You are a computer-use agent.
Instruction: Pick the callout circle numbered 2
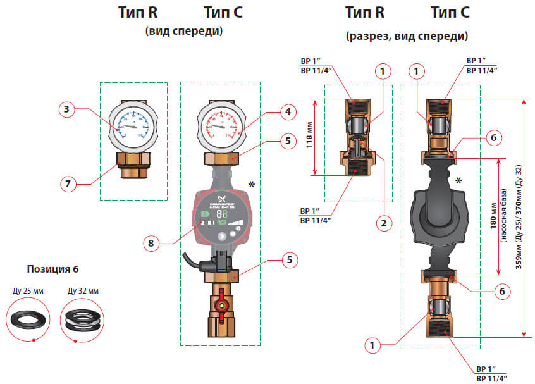(x=382, y=223)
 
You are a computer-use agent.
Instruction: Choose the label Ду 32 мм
(x=82, y=292)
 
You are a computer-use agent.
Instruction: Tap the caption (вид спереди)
(x=185, y=30)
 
